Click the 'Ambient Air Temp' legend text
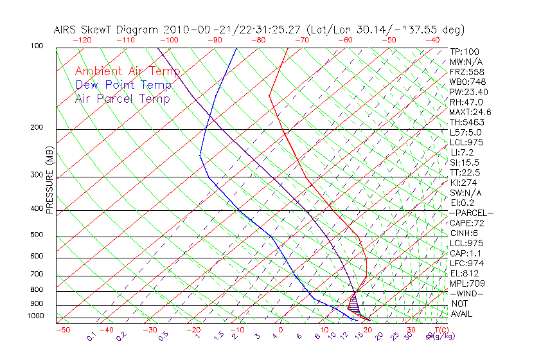coord(127,71)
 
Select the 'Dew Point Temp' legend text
coord(123,85)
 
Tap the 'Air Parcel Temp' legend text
coord(122,98)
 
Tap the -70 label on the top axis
coord(301,40)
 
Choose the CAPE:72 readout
coord(467,223)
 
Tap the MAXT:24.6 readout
coord(471,113)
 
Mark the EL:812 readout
coord(465,273)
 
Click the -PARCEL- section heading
coord(471,213)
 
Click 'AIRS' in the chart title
coord(66,30)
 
